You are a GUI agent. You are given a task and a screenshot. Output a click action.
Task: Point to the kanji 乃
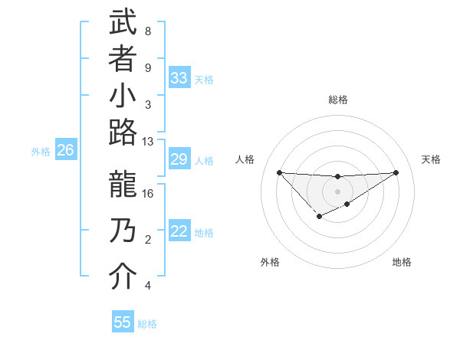coord(123,231)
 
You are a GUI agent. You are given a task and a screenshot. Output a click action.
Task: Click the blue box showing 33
coord(179,78)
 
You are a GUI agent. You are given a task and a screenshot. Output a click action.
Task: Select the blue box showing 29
coord(179,159)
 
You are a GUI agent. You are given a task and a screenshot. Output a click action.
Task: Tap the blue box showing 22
coord(179,232)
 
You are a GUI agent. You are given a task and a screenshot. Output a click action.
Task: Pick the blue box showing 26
coord(65,151)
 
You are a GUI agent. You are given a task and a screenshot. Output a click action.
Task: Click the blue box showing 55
coord(123,322)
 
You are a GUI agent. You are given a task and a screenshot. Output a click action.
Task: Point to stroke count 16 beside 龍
coord(148,194)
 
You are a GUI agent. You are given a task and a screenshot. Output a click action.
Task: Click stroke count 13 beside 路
coord(148,142)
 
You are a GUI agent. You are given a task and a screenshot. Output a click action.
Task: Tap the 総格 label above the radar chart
coord(337,100)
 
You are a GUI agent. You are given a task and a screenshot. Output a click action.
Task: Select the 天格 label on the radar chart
coord(431,159)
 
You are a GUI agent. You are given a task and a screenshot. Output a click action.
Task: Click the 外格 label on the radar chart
coord(270,262)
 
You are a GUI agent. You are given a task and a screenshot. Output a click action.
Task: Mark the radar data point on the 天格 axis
coord(396,172)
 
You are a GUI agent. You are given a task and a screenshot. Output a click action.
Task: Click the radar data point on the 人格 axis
coord(279,172)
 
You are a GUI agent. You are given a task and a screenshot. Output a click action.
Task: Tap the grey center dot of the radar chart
coord(337,191)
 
